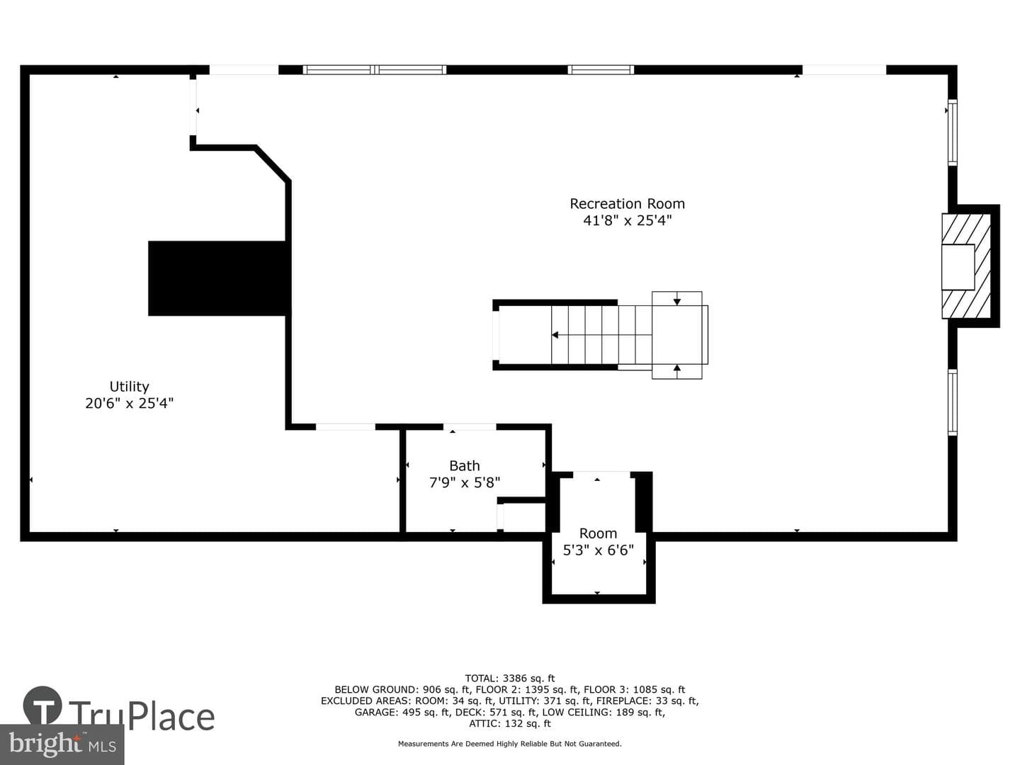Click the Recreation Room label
[x=627, y=204]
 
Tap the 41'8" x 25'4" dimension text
[x=628, y=220]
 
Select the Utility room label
[x=129, y=387]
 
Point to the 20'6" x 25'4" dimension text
[x=129, y=403]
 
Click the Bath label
[x=464, y=466]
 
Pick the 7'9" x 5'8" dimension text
[x=464, y=483]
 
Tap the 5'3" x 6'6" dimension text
[x=598, y=550]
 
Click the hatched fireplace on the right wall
[x=966, y=266]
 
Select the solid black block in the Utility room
[x=217, y=278]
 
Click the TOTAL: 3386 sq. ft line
[x=510, y=679]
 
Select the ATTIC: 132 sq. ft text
[x=510, y=724]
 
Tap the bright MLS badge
[x=62, y=744]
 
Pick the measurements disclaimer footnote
[x=510, y=744]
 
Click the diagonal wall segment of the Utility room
[x=273, y=163]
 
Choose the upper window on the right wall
[x=952, y=132]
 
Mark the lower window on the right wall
[x=952, y=402]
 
